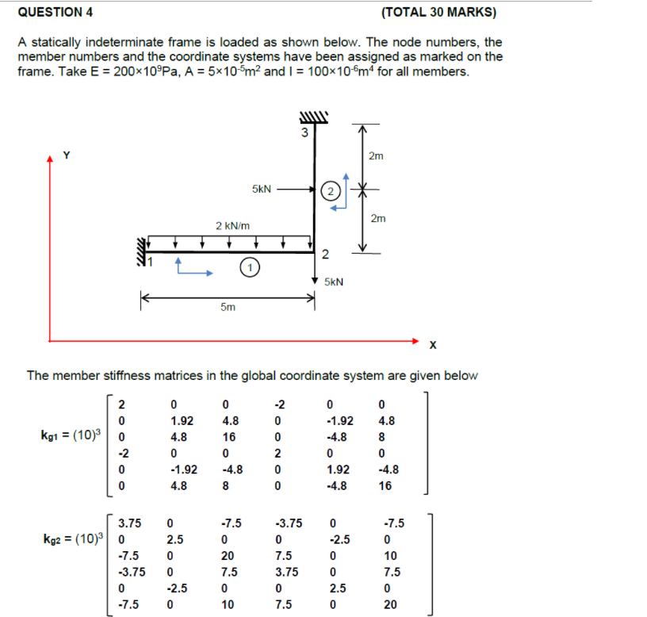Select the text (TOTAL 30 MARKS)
(x=438, y=12)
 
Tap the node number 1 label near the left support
(x=146, y=261)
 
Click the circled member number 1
(x=249, y=268)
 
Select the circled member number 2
(x=331, y=190)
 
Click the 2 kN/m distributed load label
(x=233, y=226)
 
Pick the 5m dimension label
(x=228, y=309)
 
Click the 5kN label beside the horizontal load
(x=262, y=190)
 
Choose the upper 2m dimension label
(x=376, y=156)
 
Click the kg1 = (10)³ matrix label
(x=71, y=435)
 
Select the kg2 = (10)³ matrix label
(x=71, y=539)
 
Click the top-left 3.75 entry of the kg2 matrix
(x=130, y=523)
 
